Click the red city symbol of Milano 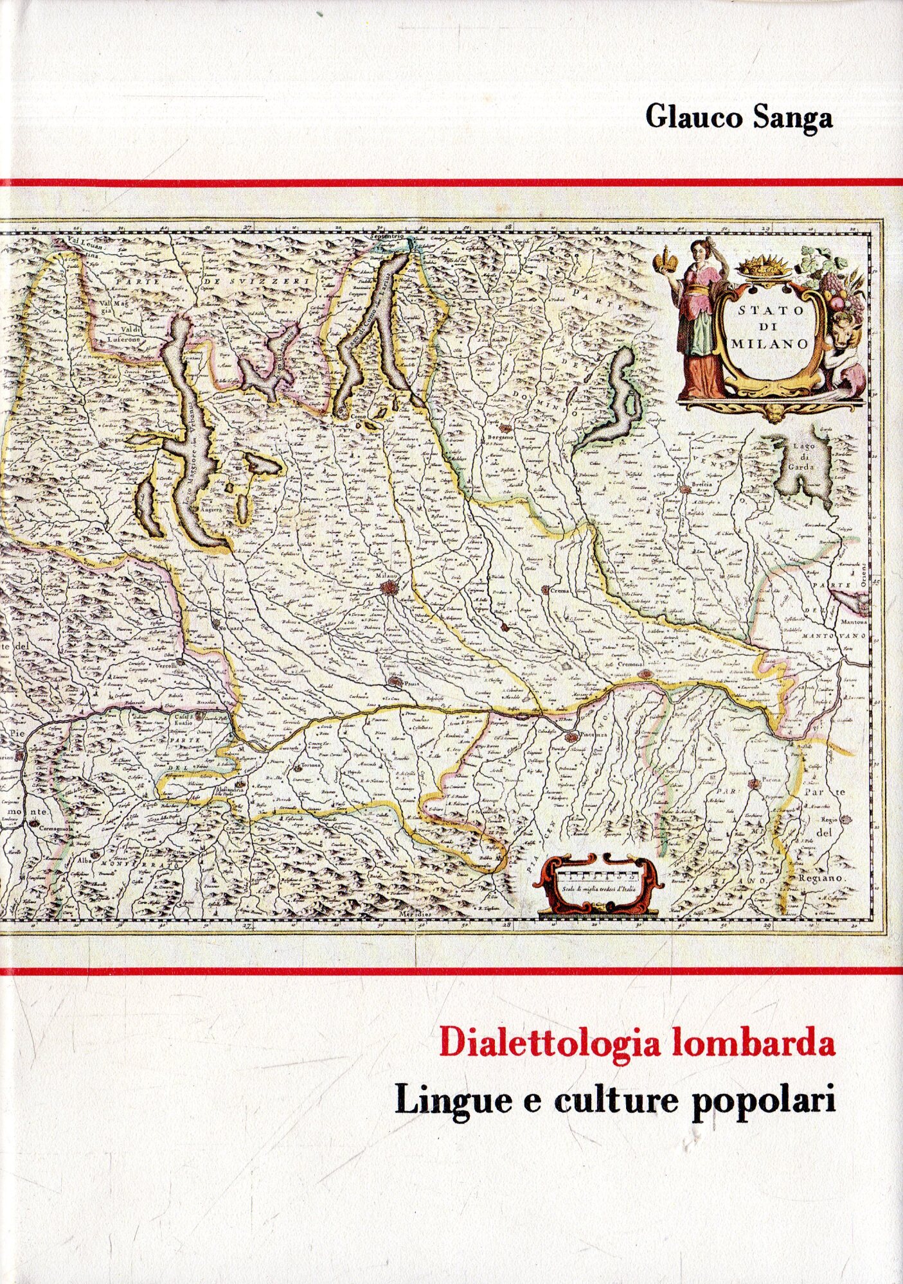click(x=388, y=587)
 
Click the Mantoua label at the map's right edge click(x=854, y=622)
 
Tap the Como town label click(x=353, y=417)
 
